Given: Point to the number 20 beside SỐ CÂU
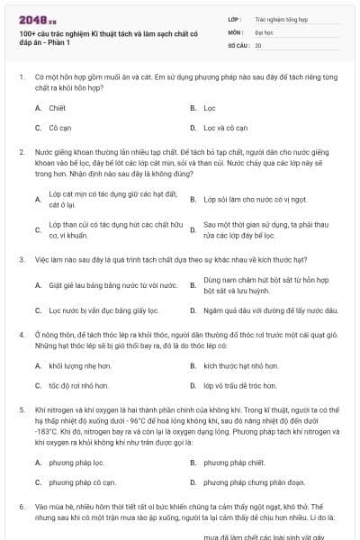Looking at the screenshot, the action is pos(258,44).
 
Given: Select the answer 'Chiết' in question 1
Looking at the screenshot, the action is pos(57,107).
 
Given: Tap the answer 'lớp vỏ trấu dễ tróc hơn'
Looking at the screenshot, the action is pos(239,386).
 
